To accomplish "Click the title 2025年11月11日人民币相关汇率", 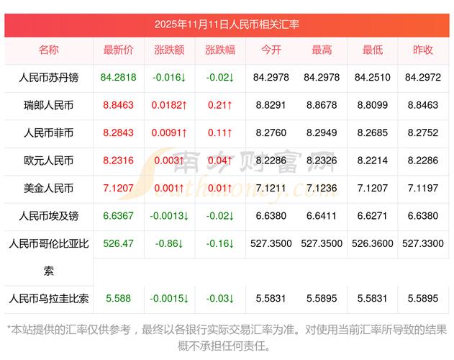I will tap(227, 24).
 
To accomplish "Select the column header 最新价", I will tap(119, 50).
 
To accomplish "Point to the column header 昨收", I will tap(423, 50).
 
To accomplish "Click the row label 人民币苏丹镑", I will tap(49, 77).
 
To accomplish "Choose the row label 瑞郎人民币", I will tap(49, 105).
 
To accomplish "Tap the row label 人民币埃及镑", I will tap(49, 215).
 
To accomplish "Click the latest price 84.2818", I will tap(119, 77).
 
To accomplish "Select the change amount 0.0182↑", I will tap(169, 105).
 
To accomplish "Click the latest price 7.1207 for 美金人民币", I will tap(119, 188).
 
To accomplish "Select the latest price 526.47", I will tap(119, 243).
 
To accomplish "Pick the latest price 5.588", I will tap(119, 297).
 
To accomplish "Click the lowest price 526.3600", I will tap(372, 243).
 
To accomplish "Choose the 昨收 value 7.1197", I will tap(423, 188).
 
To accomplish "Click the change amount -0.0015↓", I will tap(169, 297).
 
